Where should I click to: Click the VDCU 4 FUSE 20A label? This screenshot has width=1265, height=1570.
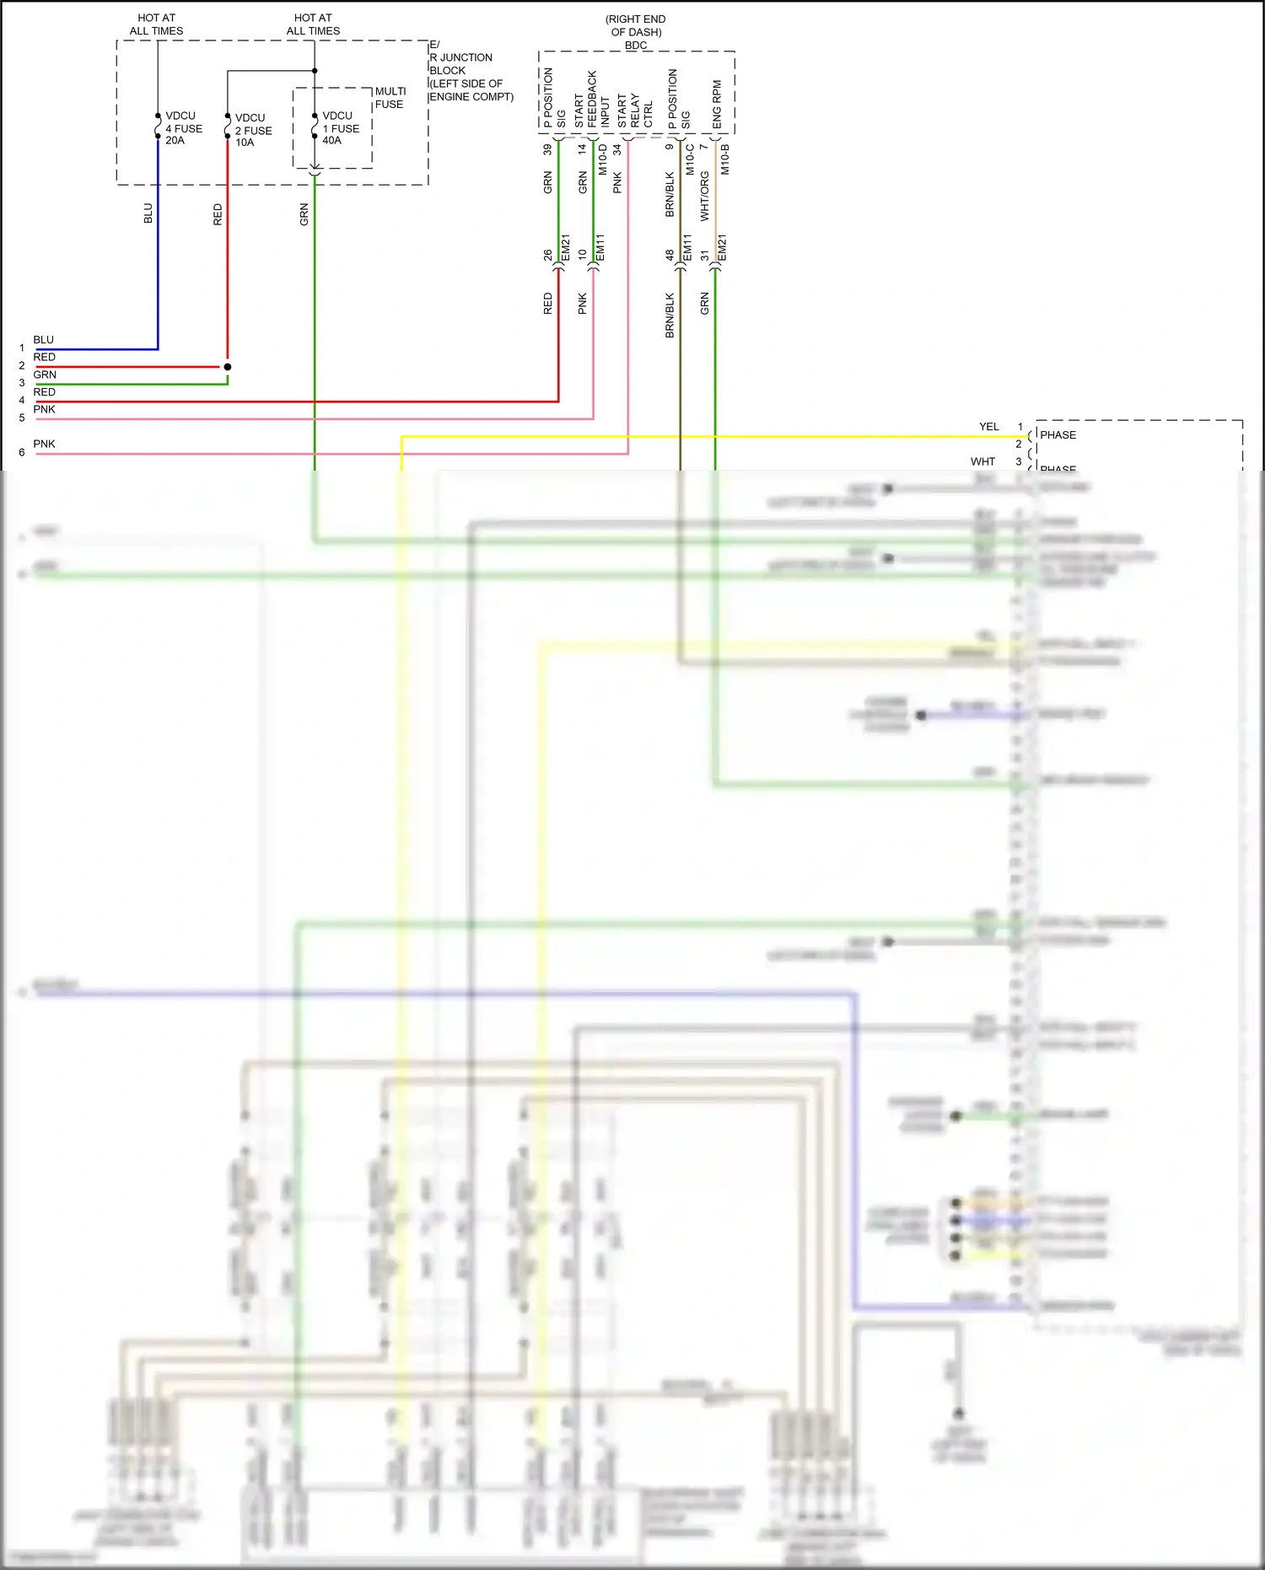click(x=184, y=128)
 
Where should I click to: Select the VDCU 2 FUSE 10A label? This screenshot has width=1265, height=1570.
click(x=253, y=130)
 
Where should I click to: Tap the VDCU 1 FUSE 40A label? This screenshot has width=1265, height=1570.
click(x=341, y=128)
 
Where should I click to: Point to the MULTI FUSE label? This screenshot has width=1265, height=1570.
click(x=390, y=98)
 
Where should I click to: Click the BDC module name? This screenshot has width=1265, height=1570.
click(x=636, y=46)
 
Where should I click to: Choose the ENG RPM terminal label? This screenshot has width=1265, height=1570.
click(x=717, y=105)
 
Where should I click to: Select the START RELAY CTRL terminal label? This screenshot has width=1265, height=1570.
click(x=635, y=111)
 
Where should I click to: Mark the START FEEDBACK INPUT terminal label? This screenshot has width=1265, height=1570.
click(x=592, y=100)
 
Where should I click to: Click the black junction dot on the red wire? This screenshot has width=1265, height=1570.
click(x=228, y=367)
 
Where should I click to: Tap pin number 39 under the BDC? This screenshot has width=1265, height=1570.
click(x=547, y=149)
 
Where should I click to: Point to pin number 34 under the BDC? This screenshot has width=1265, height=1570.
click(x=617, y=149)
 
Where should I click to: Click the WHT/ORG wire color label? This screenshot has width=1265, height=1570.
click(x=704, y=197)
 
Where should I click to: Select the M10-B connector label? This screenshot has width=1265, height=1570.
click(x=724, y=159)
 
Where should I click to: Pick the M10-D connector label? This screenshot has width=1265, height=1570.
click(x=602, y=159)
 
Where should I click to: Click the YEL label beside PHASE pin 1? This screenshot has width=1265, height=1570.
click(x=988, y=427)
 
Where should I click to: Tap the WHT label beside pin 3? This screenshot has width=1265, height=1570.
click(x=982, y=461)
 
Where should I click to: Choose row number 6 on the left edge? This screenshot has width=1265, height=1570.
click(x=22, y=452)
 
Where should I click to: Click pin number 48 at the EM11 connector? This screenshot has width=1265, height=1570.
click(x=670, y=254)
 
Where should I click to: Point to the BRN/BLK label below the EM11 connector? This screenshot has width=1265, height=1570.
click(x=670, y=316)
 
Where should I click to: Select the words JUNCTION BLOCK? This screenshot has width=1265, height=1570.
click(x=460, y=64)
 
